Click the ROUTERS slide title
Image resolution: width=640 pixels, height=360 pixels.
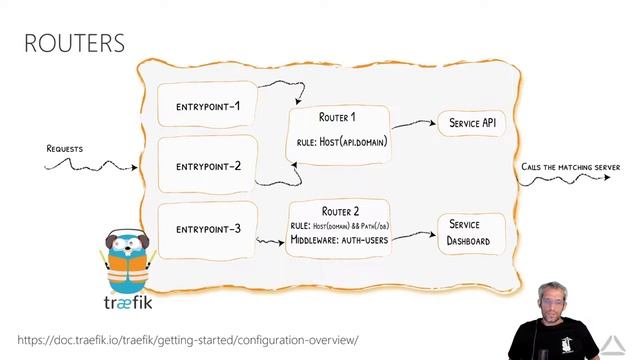pyautogui.click(x=74, y=43)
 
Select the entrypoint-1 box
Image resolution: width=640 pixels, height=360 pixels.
pyautogui.click(x=208, y=105)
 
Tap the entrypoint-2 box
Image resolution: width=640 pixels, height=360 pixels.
pyautogui.click(x=208, y=166)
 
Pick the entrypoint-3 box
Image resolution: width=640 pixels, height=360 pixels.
pyautogui.click(x=208, y=229)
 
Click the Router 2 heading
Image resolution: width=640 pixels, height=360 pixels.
pyautogui.click(x=341, y=212)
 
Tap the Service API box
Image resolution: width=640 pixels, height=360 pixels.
pyautogui.click(x=472, y=122)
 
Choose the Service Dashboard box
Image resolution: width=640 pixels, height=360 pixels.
pyautogui.click(x=471, y=233)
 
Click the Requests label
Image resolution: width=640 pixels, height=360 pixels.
pyautogui.click(x=65, y=149)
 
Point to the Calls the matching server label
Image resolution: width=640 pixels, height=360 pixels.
pyautogui.click(x=570, y=167)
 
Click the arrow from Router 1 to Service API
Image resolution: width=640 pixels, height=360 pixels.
pyautogui.click(x=413, y=125)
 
